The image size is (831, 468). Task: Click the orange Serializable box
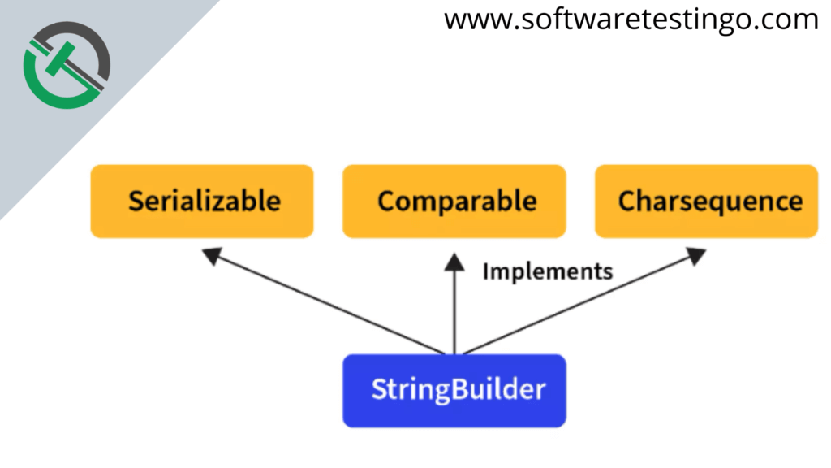202,201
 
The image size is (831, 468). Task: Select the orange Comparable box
454,201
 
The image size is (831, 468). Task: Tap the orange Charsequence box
706,201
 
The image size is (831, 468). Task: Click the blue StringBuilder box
454,391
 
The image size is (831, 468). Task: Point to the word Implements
547,271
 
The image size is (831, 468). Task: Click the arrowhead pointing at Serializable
211,257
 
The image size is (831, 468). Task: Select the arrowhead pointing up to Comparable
454,262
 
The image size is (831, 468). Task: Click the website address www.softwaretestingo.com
631,19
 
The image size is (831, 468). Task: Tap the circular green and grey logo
67,63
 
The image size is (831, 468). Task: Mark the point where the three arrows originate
454,353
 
